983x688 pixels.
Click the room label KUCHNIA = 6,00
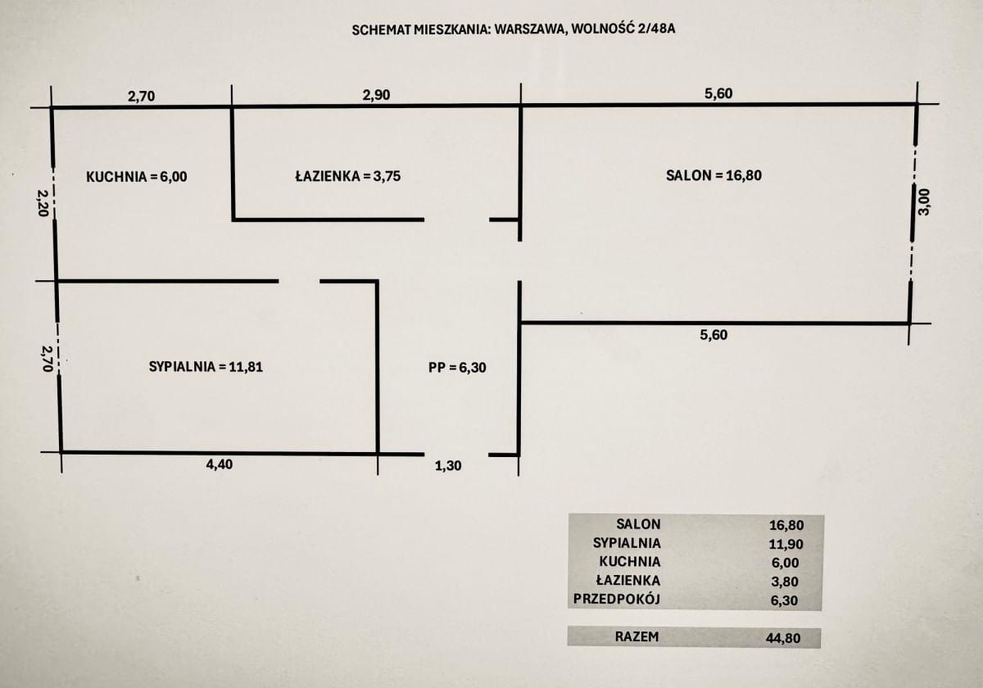[137, 176]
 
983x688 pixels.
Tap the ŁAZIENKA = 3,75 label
[347, 175]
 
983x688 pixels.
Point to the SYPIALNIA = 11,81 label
[206, 367]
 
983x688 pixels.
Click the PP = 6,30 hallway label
[457, 368]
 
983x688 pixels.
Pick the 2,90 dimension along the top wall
[377, 95]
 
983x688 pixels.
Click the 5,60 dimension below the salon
[714, 334]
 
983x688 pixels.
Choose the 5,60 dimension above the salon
[718, 94]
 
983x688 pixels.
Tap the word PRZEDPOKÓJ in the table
[617, 600]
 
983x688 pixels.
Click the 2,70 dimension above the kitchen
[141, 96]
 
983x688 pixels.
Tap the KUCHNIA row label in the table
[630, 562]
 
